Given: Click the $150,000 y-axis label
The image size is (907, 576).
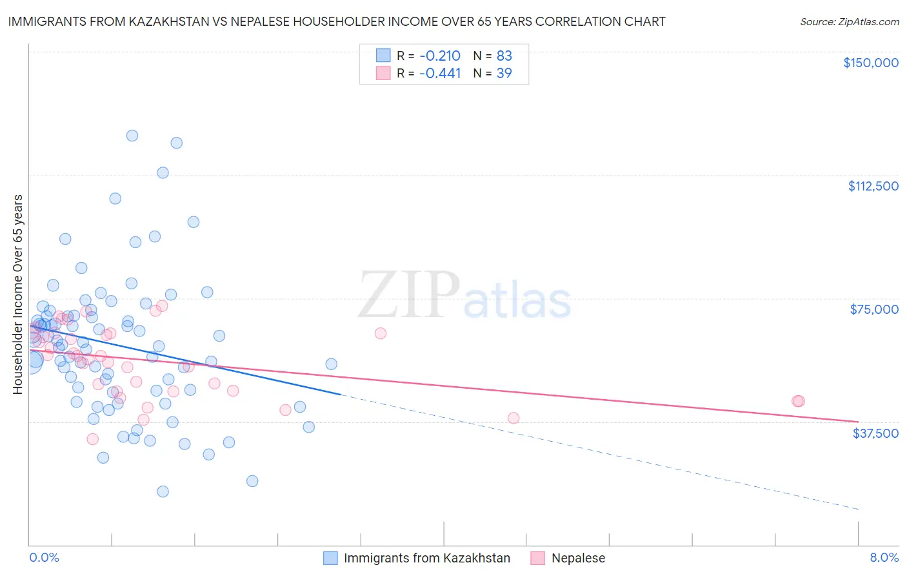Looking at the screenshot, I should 870,63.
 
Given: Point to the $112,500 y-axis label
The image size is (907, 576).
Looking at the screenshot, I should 873,186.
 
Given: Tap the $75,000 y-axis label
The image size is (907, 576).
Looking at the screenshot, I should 874,309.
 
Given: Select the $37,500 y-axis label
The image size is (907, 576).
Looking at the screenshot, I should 875,433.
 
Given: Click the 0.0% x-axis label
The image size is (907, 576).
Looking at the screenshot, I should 44,558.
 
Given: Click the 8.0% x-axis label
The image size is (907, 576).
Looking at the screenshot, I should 884,558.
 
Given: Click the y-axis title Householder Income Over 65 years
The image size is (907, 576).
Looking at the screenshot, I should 17,294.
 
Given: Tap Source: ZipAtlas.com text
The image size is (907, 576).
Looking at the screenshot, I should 849,21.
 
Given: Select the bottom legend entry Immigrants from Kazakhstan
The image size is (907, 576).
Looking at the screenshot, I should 426,559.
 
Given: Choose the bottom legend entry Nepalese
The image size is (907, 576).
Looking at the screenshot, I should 578,559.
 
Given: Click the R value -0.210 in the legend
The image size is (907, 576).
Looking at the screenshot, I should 439,56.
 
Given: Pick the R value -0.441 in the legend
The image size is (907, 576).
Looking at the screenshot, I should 439,73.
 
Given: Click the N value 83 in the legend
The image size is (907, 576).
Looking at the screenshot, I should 504,56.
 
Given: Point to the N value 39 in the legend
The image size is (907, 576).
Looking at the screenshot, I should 504,73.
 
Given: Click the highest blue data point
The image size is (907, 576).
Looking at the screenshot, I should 132,136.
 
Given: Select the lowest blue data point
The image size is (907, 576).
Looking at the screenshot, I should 163,491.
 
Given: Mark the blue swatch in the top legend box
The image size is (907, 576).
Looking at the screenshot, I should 383,56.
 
